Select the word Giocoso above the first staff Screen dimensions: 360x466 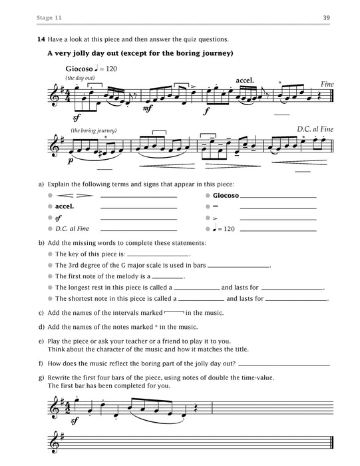[x=79, y=69]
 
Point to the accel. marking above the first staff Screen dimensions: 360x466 [x=246, y=81]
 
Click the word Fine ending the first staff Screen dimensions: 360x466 [x=326, y=85]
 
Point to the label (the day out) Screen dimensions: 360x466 [x=81, y=78]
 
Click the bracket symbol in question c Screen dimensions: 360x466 [x=173, y=311]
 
